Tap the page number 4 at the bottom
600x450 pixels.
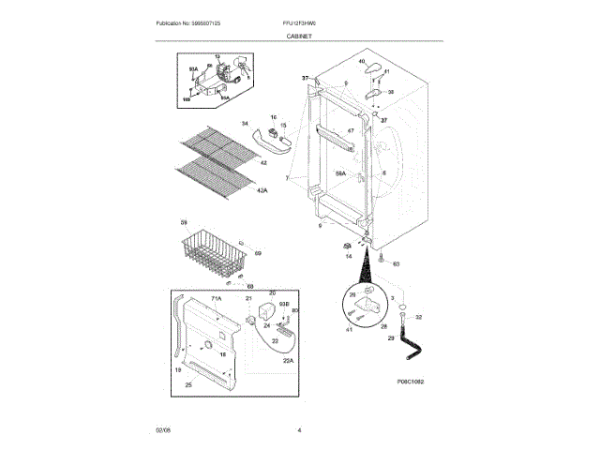(299, 429)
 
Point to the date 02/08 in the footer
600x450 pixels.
(163, 429)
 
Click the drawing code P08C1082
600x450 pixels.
(411, 382)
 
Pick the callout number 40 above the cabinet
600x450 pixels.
(361, 61)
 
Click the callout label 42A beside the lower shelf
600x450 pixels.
(262, 190)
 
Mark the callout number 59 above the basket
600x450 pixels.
(184, 222)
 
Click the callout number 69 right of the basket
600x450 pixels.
(258, 253)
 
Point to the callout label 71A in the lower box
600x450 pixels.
(215, 298)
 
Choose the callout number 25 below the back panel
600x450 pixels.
(188, 385)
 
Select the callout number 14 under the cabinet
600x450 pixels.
(348, 255)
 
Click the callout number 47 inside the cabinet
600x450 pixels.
(351, 130)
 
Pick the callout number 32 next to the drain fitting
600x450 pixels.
(418, 318)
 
